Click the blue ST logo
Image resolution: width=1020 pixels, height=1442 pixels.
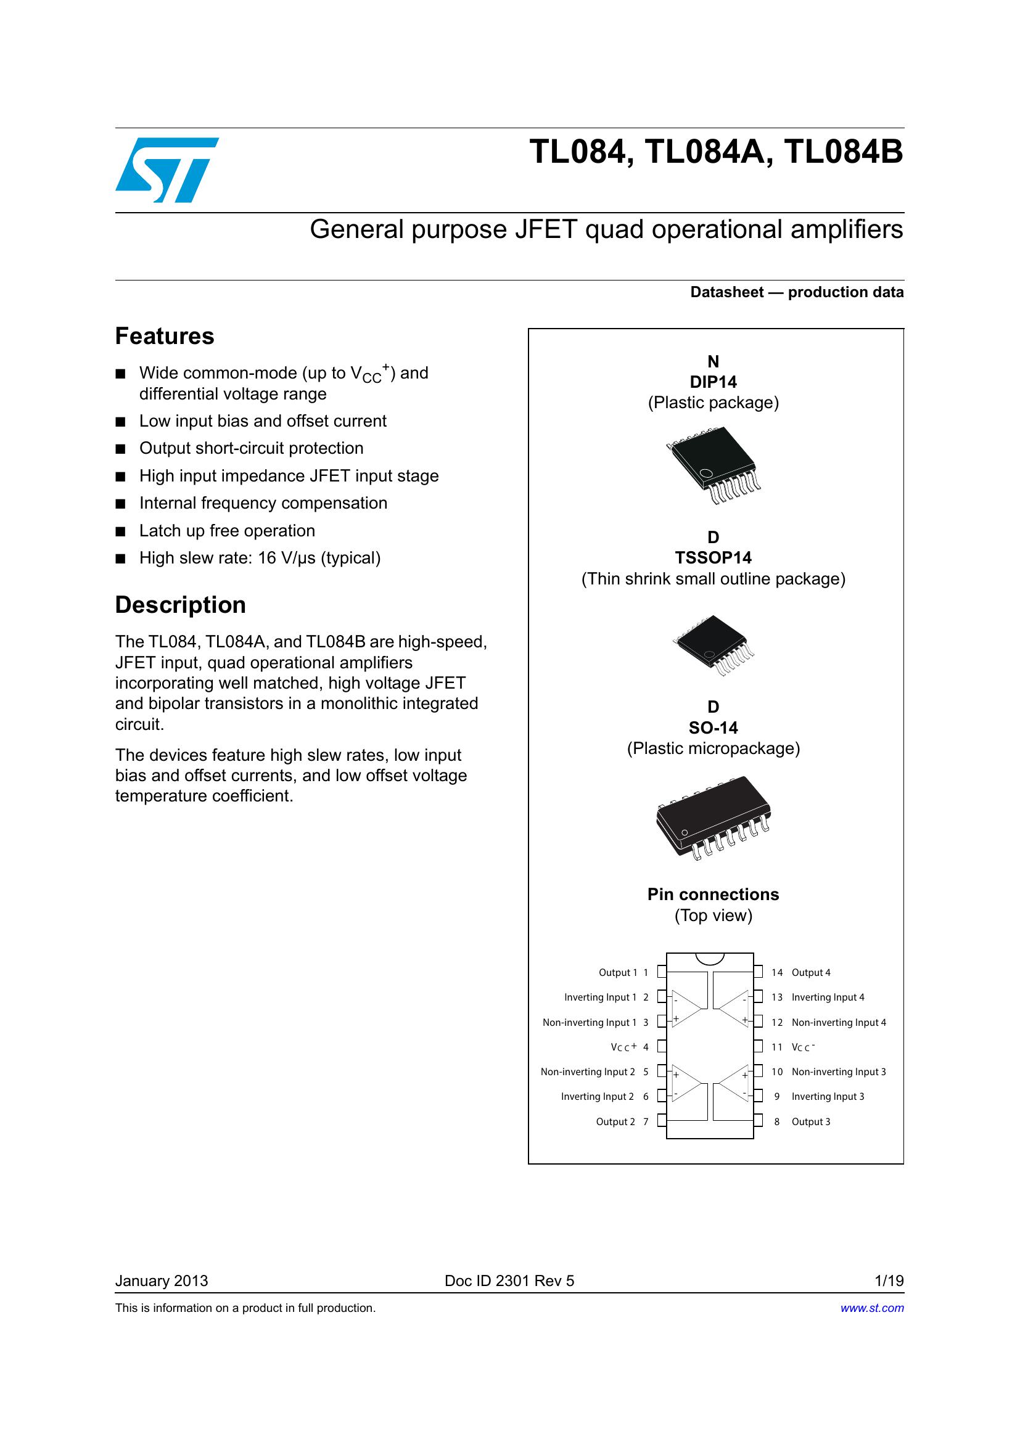click(x=167, y=170)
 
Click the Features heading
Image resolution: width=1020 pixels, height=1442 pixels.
click(x=165, y=337)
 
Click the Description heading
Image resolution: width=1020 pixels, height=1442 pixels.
click(x=180, y=605)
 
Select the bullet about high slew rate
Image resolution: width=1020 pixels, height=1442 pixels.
click(x=260, y=559)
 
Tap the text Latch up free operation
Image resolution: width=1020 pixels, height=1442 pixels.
click(x=227, y=531)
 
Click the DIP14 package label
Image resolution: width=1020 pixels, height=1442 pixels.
click(x=713, y=382)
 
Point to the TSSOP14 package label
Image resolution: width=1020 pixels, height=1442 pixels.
click(x=713, y=558)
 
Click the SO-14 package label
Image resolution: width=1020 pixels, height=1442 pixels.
click(x=713, y=728)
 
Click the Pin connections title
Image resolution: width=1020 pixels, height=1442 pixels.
click(x=713, y=895)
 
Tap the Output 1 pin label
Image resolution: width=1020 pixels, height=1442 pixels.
click(x=617, y=973)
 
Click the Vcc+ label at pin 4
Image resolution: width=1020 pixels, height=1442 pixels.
click(x=623, y=1047)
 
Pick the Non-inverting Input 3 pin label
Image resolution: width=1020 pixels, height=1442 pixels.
click(x=839, y=1072)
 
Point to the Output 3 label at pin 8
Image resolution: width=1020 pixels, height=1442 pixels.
click(x=811, y=1121)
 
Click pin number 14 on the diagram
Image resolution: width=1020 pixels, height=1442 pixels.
click(x=777, y=973)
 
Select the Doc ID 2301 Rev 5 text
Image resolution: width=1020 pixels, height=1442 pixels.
click(x=509, y=1280)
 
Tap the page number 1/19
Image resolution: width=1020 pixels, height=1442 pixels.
click(x=889, y=1280)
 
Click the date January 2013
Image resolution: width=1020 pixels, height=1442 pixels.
click(x=162, y=1280)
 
